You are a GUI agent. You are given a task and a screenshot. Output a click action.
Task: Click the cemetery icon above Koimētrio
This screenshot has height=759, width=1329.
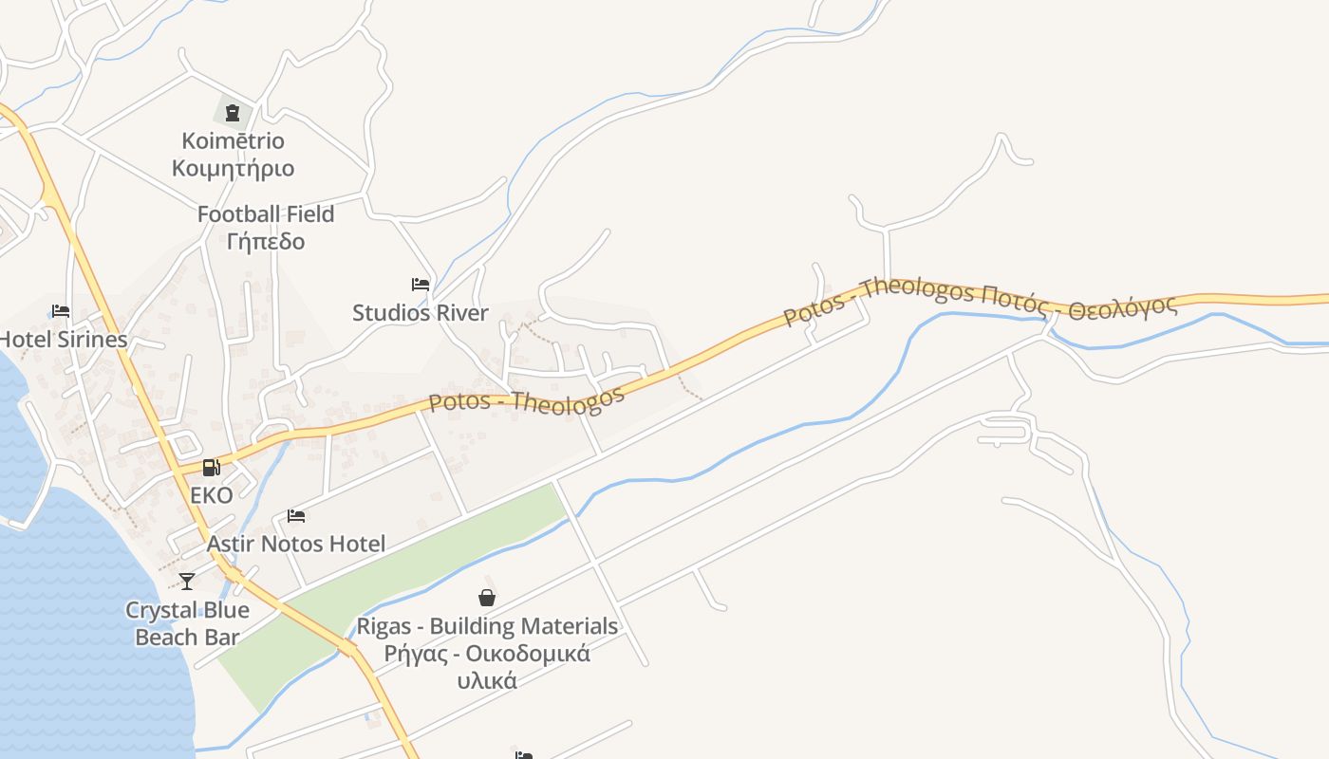click(233, 113)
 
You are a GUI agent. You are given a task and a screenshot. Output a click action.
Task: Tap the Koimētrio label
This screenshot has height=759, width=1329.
click(233, 141)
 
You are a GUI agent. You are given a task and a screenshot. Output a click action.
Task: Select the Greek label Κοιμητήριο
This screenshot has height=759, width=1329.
click(233, 169)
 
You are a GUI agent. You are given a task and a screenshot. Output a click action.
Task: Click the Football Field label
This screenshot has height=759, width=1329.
click(266, 214)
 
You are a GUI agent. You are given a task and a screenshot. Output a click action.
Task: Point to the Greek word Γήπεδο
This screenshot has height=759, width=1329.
click(266, 241)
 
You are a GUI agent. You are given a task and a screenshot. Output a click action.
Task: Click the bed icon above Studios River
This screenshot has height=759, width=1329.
click(420, 285)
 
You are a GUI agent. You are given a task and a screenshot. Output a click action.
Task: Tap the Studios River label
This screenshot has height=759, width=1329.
click(421, 313)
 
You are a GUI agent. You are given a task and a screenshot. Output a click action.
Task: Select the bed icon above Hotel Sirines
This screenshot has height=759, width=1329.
click(61, 311)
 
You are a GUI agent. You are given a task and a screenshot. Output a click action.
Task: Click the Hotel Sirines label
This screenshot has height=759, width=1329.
click(63, 340)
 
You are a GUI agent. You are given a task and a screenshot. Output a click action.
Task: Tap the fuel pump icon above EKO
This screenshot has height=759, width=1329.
click(211, 468)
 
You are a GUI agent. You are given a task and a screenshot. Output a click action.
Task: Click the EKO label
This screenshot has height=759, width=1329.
click(211, 495)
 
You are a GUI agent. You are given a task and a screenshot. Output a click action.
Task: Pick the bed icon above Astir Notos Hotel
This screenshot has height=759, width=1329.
click(296, 516)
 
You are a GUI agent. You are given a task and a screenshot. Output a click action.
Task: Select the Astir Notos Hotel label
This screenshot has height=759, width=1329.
click(296, 544)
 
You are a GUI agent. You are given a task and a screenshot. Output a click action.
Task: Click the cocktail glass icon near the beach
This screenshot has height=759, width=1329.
click(187, 581)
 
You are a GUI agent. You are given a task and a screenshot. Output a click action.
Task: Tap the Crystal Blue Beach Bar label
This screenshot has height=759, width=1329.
click(187, 623)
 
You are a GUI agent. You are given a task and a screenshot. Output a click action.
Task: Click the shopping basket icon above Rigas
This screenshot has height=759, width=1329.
click(487, 598)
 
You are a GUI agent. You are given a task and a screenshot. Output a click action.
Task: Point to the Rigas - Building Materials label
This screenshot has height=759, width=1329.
click(487, 626)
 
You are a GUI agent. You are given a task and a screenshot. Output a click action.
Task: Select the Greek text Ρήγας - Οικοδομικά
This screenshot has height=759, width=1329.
click(487, 654)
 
